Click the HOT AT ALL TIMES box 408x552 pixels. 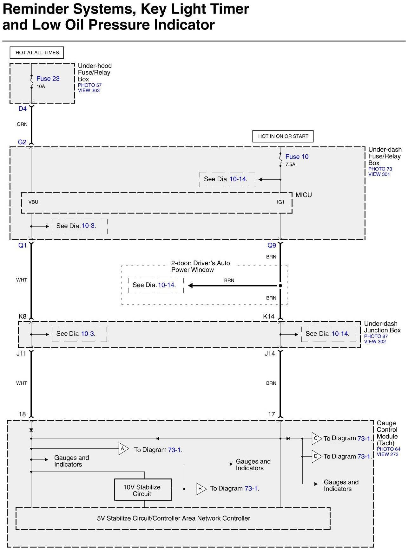37,53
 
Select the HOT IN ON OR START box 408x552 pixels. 283,136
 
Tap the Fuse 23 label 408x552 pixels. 48,79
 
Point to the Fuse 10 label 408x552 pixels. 297,157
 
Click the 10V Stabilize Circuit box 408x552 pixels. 143,490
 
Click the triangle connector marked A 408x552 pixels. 123,449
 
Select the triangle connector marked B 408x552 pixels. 201,489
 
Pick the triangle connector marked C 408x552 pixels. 316,439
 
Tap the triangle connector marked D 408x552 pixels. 316,456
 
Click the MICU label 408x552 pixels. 304,195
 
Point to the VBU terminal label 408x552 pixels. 33,202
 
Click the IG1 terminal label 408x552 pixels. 281,202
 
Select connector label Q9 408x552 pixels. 272,245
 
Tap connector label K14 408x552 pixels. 269,316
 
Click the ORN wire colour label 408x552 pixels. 22,124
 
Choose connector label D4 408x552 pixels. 23,109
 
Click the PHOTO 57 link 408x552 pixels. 90,85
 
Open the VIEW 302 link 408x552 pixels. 375,342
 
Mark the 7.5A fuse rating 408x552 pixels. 290,164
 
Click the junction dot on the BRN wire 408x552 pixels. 280,286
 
